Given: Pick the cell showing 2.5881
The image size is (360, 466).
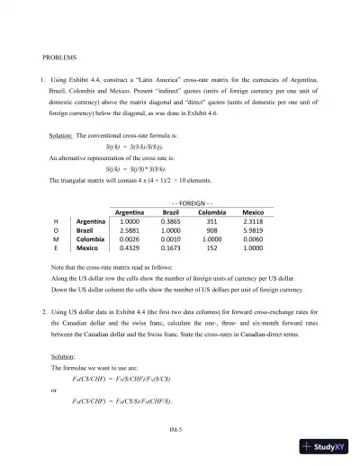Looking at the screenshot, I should (x=130, y=229).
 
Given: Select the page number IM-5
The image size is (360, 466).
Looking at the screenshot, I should (x=179, y=429).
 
